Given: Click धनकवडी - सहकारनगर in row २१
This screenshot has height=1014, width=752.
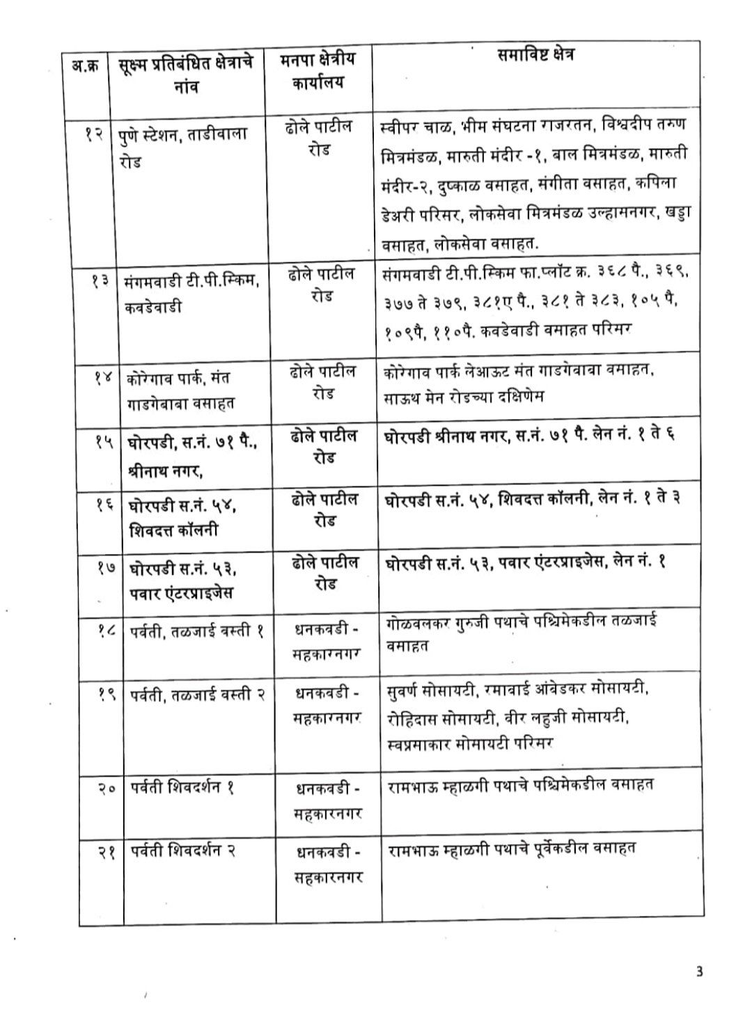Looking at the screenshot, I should click(327, 864).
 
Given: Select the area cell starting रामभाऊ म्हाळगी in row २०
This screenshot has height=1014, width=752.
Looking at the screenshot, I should click(520, 786).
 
